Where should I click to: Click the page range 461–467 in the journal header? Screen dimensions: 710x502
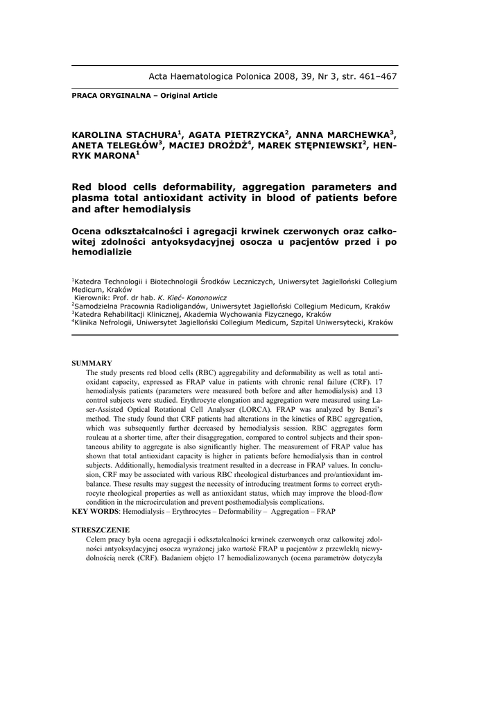point(379,76)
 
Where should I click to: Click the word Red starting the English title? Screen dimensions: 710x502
point(85,187)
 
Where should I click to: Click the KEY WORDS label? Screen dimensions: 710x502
point(96,512)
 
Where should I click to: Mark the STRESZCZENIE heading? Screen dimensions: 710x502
point(101,530)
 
